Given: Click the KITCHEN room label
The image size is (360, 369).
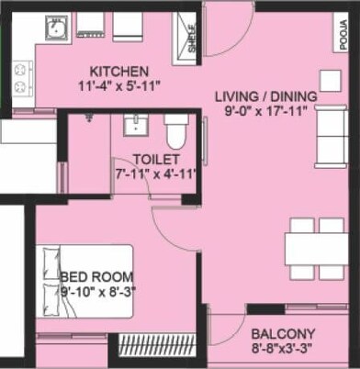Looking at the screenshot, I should click(x=118, y=72).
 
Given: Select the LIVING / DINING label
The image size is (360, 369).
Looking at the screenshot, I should click(x=266, y=96).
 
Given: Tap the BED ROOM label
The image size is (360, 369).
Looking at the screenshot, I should click(x=96, y=276).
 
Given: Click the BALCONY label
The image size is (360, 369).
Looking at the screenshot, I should click(x=283, y=334).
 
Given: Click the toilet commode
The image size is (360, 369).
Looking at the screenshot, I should click(x=175, y=134).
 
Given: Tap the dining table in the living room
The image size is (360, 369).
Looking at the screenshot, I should click(x=314, y=246).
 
